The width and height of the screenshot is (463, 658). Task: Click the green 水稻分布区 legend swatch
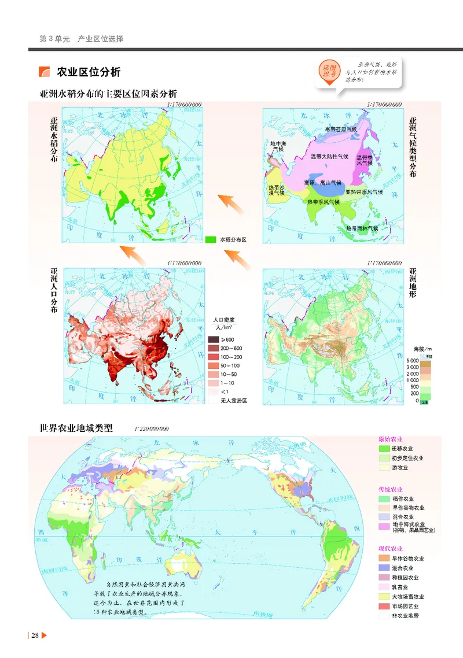(x=210, y=238)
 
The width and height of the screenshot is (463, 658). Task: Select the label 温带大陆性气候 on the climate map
(x=329, y=157)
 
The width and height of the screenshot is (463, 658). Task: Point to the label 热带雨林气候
(x=362, y=228)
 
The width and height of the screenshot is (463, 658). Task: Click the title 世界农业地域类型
(x=76, y=428)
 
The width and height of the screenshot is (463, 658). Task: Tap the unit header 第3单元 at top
(x=54, y=39)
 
